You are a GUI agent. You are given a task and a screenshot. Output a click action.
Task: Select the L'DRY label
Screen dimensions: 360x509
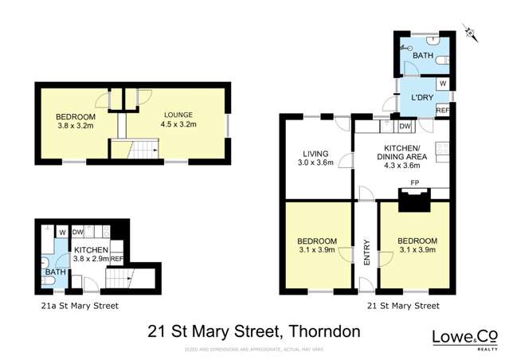[421, 98]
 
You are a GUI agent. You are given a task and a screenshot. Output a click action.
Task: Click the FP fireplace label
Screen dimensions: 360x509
[414, 182]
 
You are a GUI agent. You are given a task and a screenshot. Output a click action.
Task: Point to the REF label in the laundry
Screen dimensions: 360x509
[442, 111]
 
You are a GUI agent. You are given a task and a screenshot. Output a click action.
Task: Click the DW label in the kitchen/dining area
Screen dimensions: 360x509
[405, 126]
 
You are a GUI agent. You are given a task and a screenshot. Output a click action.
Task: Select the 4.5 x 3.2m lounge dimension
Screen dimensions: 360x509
[178, 124]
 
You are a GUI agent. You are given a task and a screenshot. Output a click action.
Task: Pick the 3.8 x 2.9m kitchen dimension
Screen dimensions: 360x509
[95, 258]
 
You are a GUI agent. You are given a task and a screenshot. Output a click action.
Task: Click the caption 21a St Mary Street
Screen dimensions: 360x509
[79, 305]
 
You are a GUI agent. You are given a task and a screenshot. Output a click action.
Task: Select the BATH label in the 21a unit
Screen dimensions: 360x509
[55, 272]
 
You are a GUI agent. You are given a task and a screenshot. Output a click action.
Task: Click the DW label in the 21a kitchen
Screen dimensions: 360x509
[77, 232]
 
